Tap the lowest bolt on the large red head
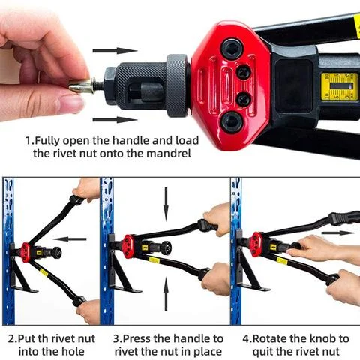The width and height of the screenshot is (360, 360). click(x=230, y=120)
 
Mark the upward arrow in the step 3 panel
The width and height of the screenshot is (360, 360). click(x=166, y=286)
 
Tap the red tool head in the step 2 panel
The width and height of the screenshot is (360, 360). click(x=25, y=250)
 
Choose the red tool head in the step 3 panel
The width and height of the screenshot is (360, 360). click(x=129, y=244)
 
